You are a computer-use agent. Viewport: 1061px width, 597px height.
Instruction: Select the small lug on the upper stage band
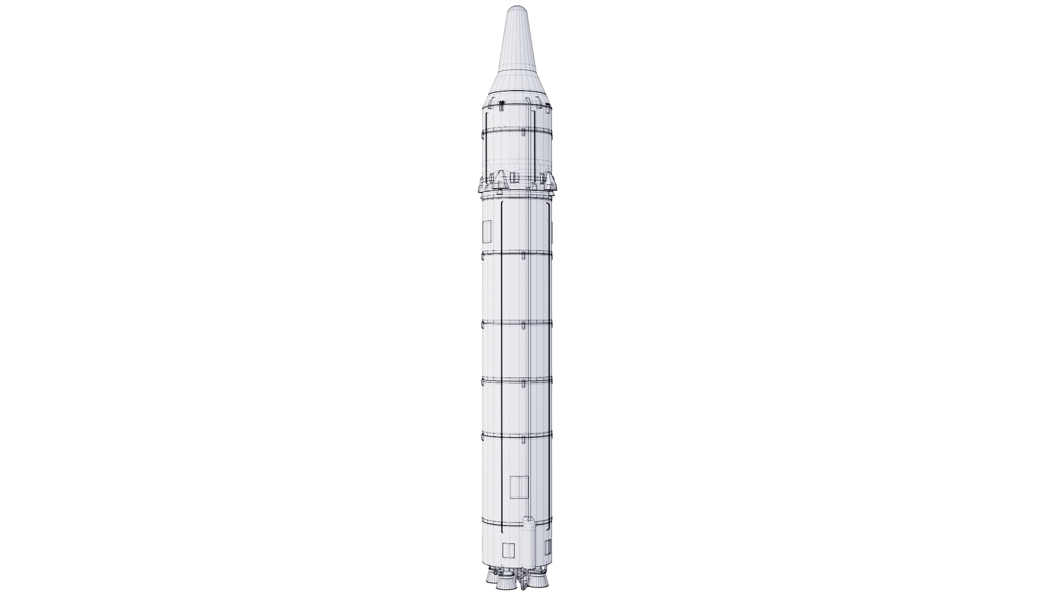click(x=523, y=133)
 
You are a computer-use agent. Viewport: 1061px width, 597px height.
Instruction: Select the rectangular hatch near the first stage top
click(x=487, y=232)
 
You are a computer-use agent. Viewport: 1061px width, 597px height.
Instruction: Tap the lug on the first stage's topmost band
click(x=523, y=254)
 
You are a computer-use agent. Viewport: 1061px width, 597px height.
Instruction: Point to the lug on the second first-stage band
click(x=523, y=323)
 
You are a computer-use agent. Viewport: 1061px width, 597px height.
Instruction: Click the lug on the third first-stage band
click(x=523, y=381)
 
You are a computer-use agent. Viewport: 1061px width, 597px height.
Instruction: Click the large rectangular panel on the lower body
click(x=519, y=487)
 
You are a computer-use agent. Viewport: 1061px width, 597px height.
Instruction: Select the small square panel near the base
click(x=508, y=551)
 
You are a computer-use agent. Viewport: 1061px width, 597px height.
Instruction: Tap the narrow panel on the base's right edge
click(x=548, y=548)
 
